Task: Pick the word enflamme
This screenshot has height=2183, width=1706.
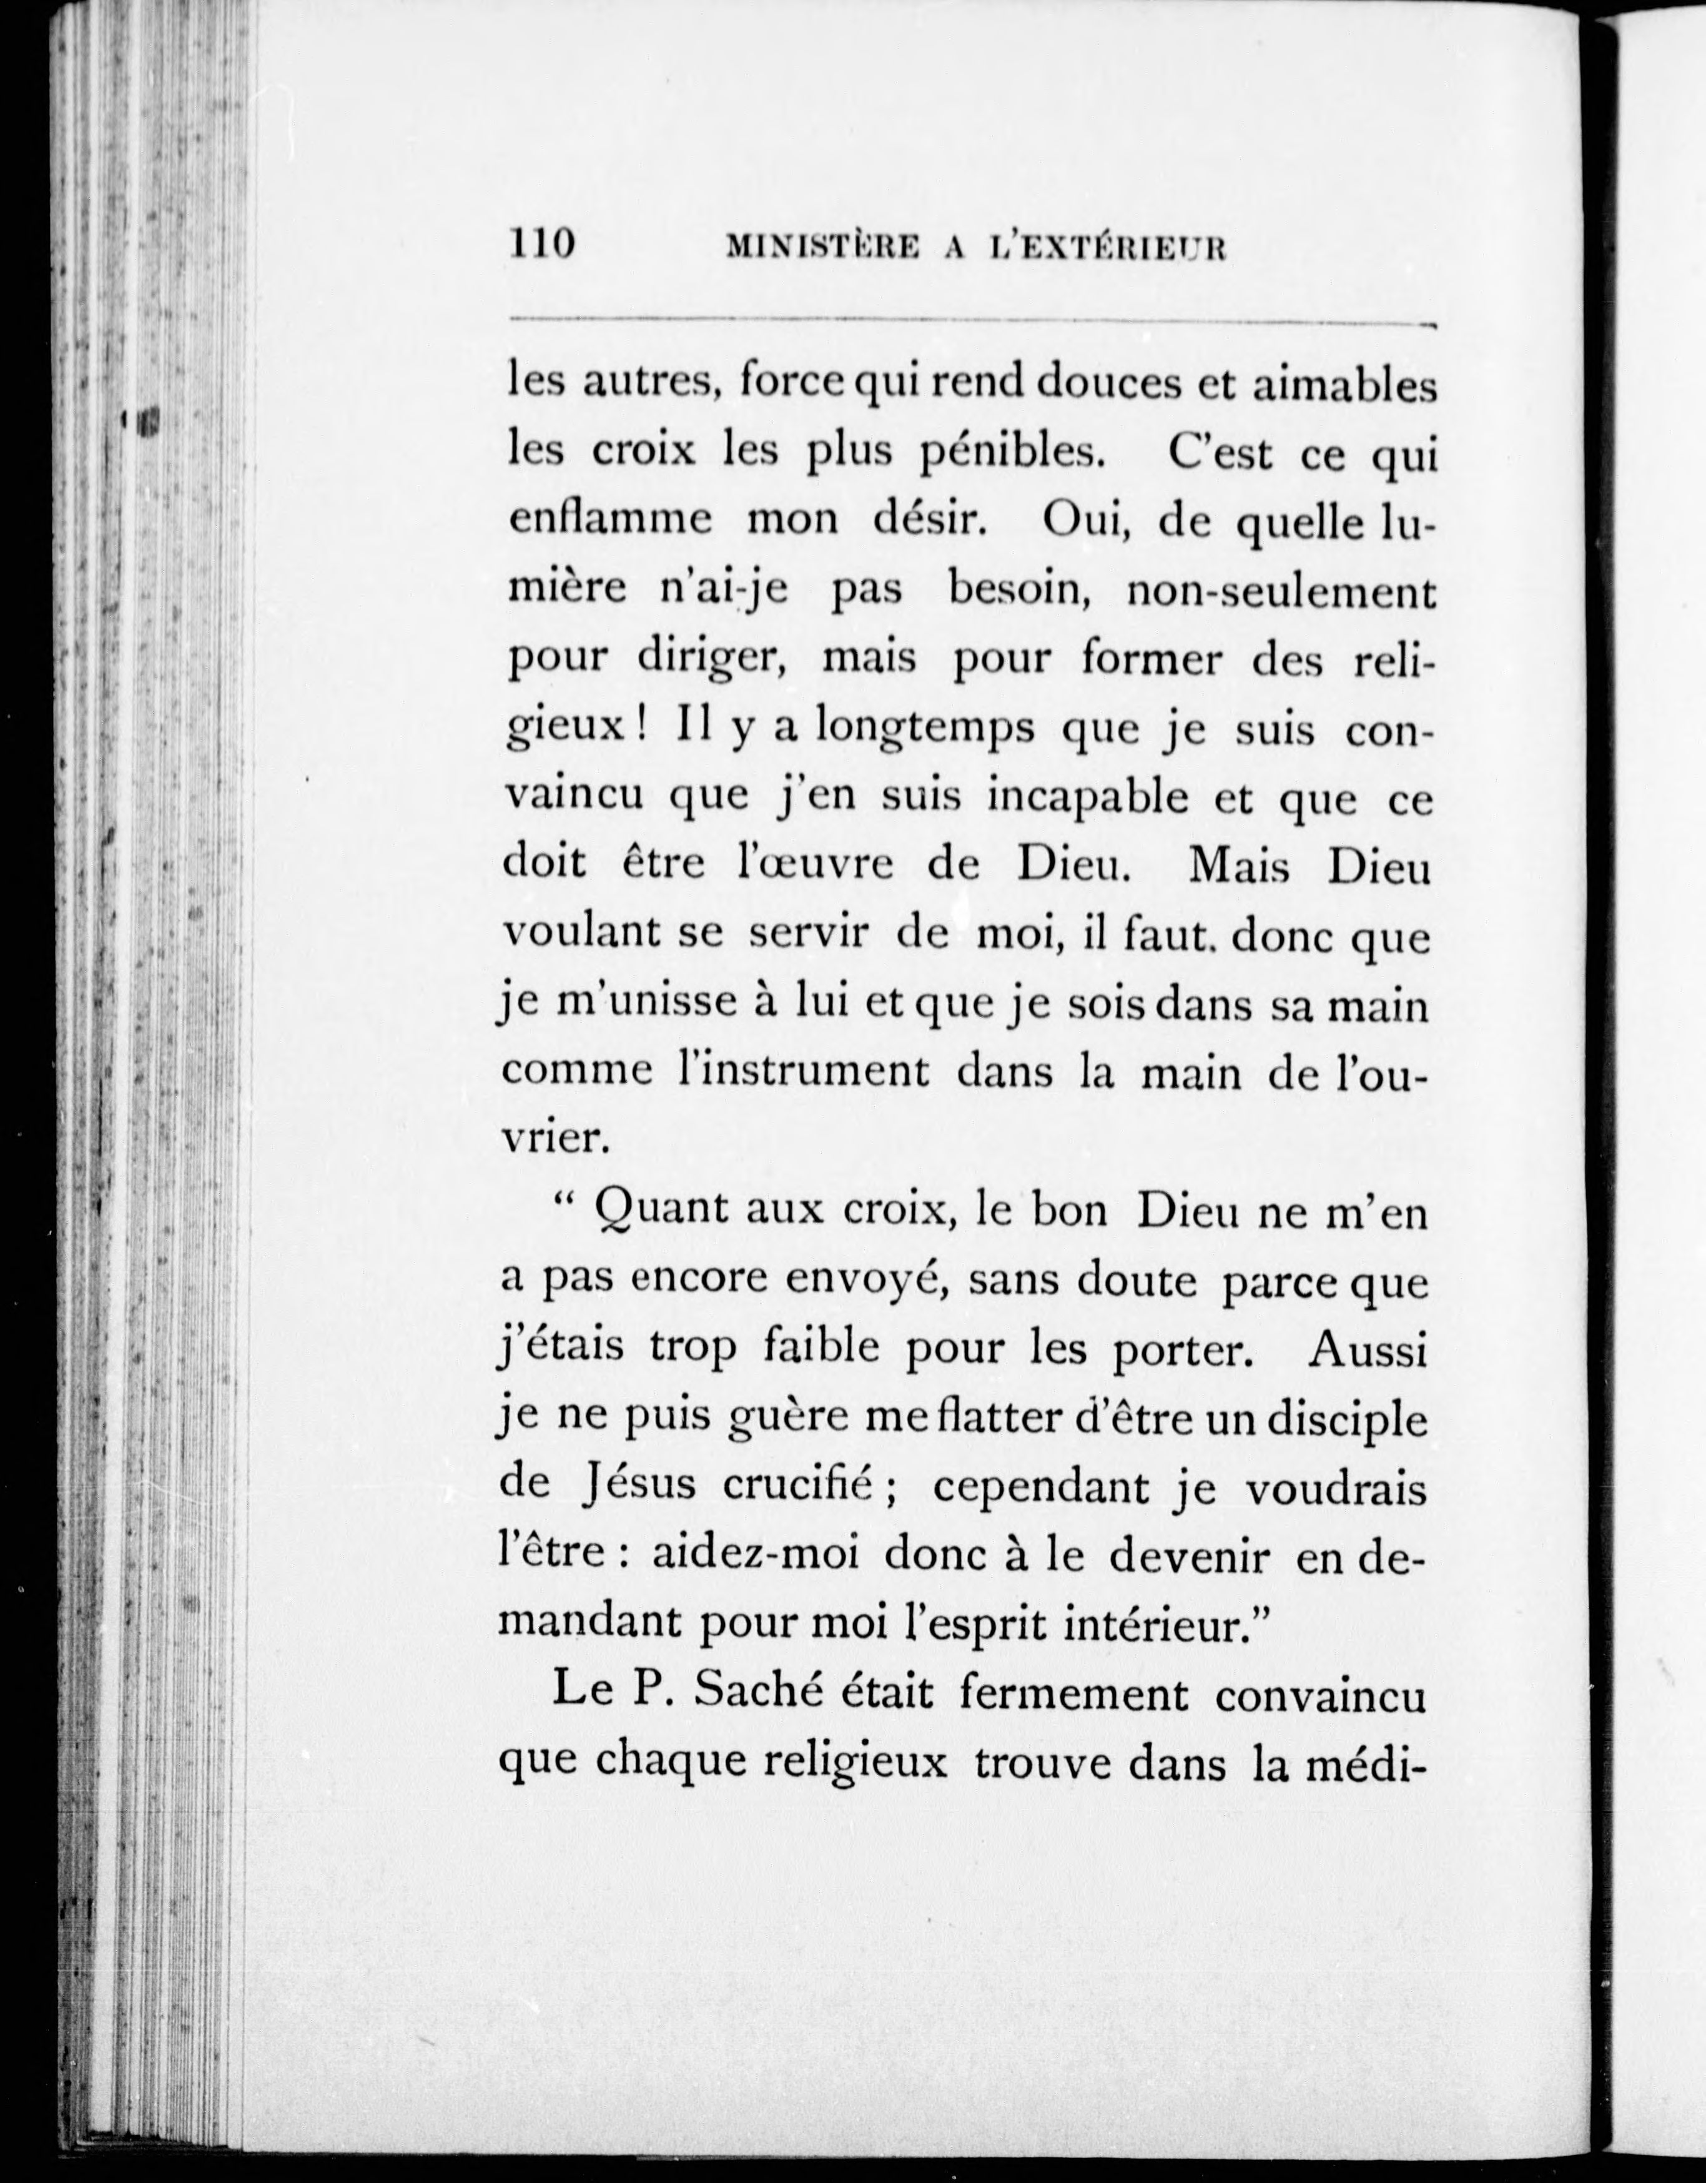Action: click(x=609, y=520)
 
